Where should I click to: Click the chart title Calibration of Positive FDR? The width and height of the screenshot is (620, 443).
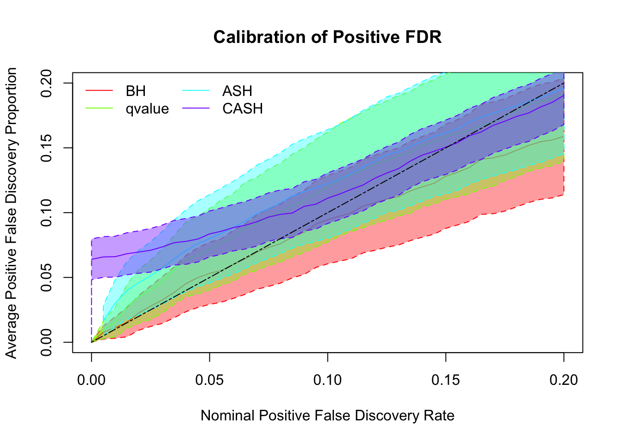(x=328, y=37)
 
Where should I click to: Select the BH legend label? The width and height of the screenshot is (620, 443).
(x=136, y=91)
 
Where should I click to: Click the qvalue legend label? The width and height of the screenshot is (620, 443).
(x=147, y=109)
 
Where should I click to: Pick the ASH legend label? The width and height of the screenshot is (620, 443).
(x=237, y=91)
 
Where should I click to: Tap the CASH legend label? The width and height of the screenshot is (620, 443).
(x=243, y=109)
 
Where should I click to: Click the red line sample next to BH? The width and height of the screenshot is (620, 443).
(x=99, y=91)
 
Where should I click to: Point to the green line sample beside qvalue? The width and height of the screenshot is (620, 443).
(x=99, y=108)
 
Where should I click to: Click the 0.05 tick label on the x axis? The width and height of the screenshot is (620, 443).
(x=209, y=380)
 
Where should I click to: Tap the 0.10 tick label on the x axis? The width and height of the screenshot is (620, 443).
(x=328, y=380)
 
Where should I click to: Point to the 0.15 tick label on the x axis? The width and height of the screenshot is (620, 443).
(x=446, y=380)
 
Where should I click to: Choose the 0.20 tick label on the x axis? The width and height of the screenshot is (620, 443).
(x=564, y=380)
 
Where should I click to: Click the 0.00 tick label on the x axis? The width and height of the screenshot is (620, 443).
(x=91, y=380)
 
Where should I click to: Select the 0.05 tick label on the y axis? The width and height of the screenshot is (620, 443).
(x=46, y=277)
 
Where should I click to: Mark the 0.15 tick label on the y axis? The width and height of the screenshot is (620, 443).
(x=46, y=148)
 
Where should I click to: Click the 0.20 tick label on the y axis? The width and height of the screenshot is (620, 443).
(x=46, y=83)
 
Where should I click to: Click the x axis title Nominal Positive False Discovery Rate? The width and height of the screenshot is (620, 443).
(x=328, y=416)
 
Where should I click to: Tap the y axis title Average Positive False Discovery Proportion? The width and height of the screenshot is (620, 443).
(x=11, y=213)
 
